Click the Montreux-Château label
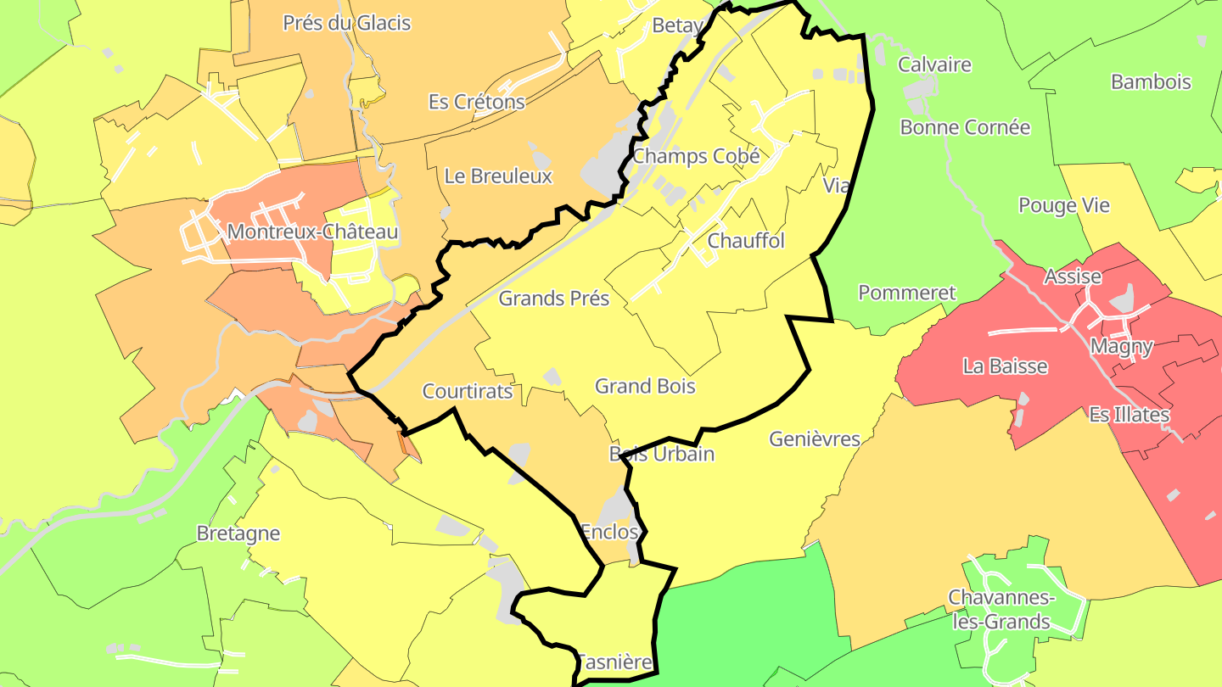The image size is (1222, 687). (x=312, y=232)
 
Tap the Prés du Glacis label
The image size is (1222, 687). (x=346, y=23)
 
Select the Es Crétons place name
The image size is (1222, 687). (x=477, y=102)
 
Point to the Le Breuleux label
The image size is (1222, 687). (x=498, y=176)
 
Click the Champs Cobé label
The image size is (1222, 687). (x=696, y=156)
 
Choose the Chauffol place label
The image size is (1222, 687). (x=746, y=240)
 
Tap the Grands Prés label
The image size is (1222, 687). (x=554, y=299)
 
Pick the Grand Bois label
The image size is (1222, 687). (x=645, y=387)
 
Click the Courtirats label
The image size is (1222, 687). (x=468, y=391)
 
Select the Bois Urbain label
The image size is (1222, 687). (x=662, y=454)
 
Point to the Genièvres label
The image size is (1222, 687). (x=815, y=439)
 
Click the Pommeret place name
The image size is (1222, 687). (x=907, y=293)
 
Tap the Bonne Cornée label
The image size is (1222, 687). (x=965, y=127)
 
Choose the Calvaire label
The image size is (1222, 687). (x=934, y=64)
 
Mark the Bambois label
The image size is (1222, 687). (x=1151, y=82)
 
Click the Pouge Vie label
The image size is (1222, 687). (x=1064, y=205)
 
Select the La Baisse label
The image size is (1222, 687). (x=1005, y=366)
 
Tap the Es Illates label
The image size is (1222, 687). (x=1130, y=415)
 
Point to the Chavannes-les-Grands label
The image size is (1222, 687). (x=1001, y=610)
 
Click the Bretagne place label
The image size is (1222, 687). (x=238, y=533)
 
